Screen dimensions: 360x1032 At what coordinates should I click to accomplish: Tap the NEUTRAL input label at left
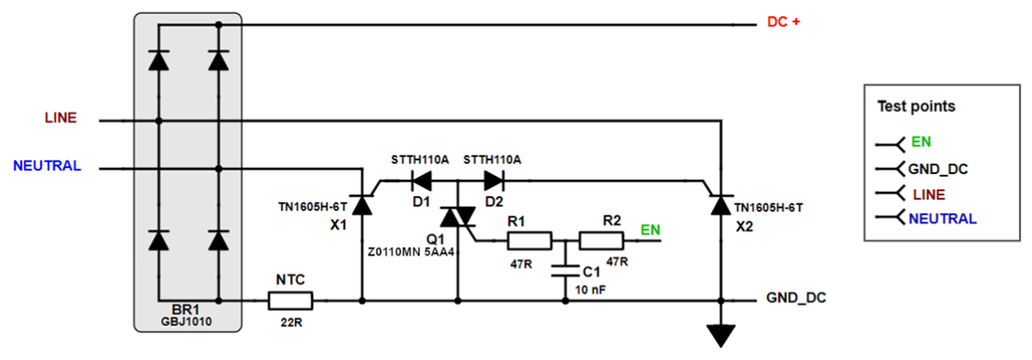pyautogui.click(x=47, y=165)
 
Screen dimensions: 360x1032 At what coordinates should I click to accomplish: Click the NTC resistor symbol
pyautogui.click(x=290, y=301)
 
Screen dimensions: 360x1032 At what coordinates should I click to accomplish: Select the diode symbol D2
pyautogui.click(x=493, y=181)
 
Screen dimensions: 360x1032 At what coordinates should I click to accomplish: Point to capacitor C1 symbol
pyautogui.click(x=565, y=270)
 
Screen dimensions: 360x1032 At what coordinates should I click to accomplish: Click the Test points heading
pyautogui.click(x=915, y=108)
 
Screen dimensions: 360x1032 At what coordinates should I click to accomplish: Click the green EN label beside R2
pyautogui.click(x=651, y=230)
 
